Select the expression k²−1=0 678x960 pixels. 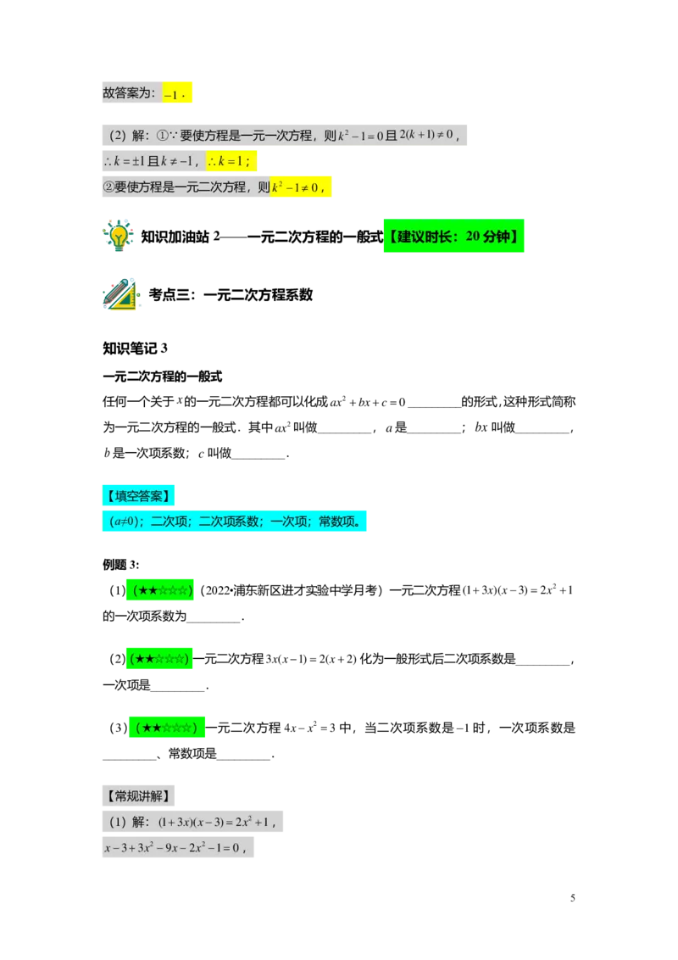point(361,136)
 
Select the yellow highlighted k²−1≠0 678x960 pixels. point(299,187)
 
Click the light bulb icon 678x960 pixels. point(119,235)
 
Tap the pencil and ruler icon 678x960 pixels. point(120,293)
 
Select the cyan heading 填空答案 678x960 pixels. point(138,496)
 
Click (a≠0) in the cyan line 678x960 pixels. point(125,522)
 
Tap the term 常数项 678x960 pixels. point(341,522)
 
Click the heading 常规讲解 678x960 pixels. point(138,796)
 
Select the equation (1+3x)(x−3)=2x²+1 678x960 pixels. point(219,822)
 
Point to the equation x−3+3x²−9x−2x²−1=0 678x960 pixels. point(173,847)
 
